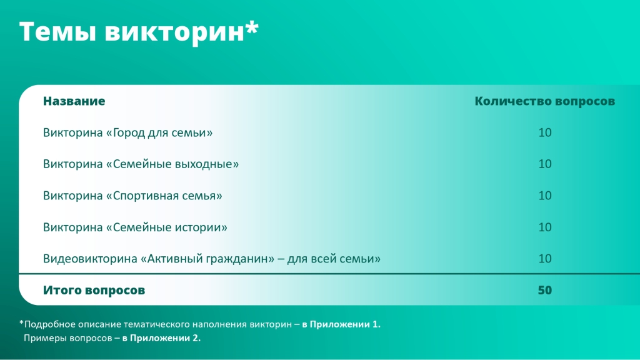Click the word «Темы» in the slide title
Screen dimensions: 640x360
pyautogui.click(x=57, y=32)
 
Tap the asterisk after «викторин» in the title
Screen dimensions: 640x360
pyautogui.click(x=252, y=26)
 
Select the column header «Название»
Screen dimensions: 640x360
pyautogui.click(x=74, y=101)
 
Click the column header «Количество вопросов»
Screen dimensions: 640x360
pyautogui.click(x=544, y=101)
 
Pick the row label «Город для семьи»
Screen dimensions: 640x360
pyautogui.click(x=159, y=132)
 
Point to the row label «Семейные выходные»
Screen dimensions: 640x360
pyautogui.click(x=172, y=164)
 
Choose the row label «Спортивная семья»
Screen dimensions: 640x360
pyautogui.click(x=164, y=196)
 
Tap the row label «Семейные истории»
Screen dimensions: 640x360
pyautogui.click(x=166, y=227)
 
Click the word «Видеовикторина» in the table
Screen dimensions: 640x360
pyautogui.click(x=90, y=259)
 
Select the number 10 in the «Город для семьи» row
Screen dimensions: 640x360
pyautogui.click(x=545, y=132)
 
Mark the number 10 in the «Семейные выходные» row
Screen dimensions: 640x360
pyautogui.click(x=545, y=164)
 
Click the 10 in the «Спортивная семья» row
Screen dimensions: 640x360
pyautogui.click(x=545, y=196)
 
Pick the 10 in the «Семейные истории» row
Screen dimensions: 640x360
pyautogui.click(x=545, y=227)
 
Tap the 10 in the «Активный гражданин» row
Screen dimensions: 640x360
pyautogui.click(x=545, y=258)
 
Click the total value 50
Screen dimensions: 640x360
pyautogui.click(x=545, y=290)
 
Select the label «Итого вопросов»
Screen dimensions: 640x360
pyautogui.click(x=94, y=290)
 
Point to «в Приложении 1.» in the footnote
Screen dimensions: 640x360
pyautogui.click(x=341, y=324)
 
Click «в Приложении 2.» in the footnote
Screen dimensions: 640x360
pyautogui.click(x=161, y=338)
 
